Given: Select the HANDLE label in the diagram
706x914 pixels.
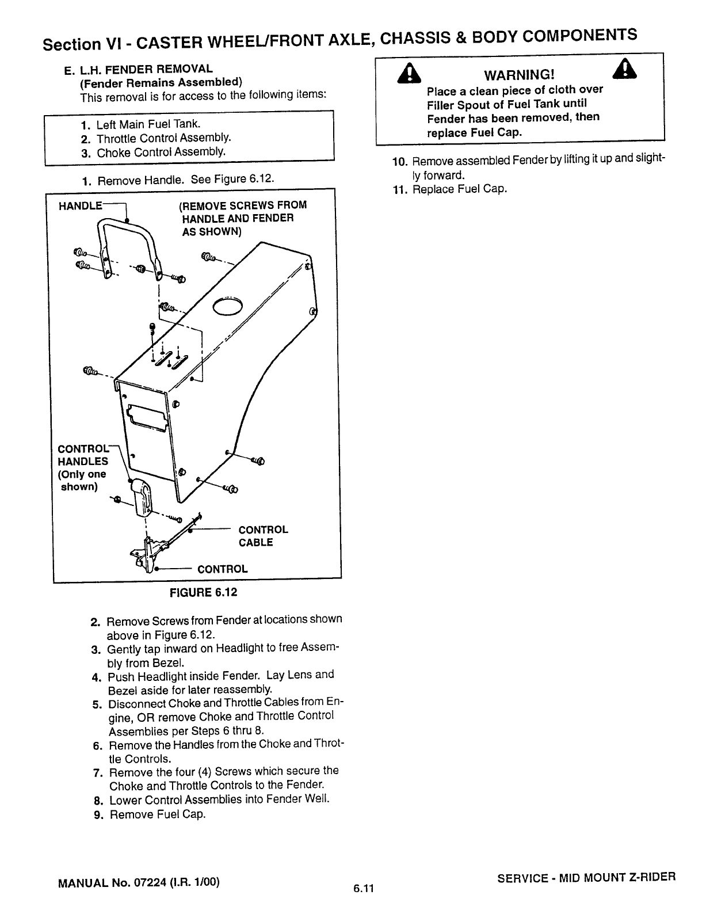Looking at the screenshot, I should coord(81,205).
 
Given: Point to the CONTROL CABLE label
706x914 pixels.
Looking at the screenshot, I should coord(263,536).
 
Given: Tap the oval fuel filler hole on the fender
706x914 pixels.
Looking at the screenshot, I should coord(228,307).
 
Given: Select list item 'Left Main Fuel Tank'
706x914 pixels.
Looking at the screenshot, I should coord(148,124).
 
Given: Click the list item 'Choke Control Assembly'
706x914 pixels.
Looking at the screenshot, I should coord(161,153).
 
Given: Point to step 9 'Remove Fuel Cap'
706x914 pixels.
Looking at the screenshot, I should coord(157,814).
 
